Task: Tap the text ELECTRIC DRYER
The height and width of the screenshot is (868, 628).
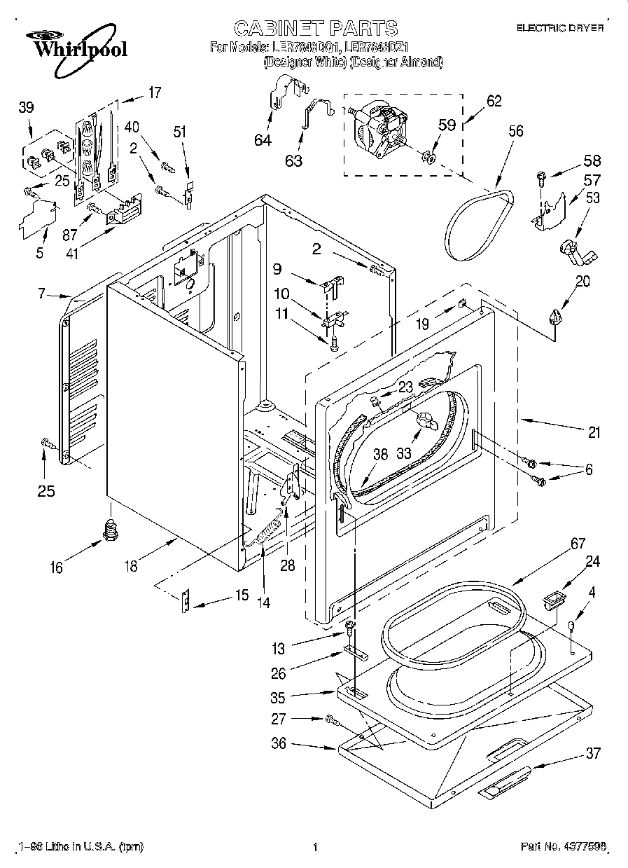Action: (x=559, y=28)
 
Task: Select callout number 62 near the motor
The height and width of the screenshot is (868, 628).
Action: (x=494, y=101)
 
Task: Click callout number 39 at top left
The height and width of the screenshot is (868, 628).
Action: (x=26, y=107)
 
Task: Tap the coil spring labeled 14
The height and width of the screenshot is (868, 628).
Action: (x=265, y=535)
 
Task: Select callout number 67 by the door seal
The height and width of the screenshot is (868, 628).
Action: (x=558, y=544)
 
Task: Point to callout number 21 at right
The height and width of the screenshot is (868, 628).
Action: (x=594, y=432)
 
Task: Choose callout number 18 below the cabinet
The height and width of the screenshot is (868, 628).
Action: (x=130, y=565)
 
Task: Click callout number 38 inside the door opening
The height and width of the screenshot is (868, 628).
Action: (x=379, y=454)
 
